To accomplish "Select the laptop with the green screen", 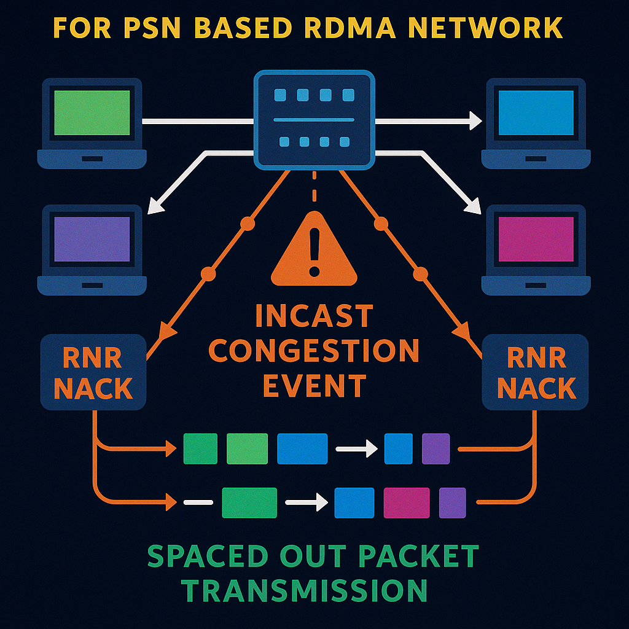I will [92, 122].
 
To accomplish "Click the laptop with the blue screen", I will [536, 122].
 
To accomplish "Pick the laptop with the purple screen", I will [92, 249].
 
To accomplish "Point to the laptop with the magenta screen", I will [536, 249].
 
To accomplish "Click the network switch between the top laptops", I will [314, 119].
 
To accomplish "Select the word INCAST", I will [314, 317].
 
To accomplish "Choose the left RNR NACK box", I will [93, 372].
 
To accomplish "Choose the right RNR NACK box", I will [536, 372].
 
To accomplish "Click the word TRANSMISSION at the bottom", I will [305, 590].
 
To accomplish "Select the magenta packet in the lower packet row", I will [406, 503].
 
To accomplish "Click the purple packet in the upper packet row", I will [436, 448].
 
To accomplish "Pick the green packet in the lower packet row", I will [249, 503].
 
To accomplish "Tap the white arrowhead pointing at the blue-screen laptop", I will [475, 121].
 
